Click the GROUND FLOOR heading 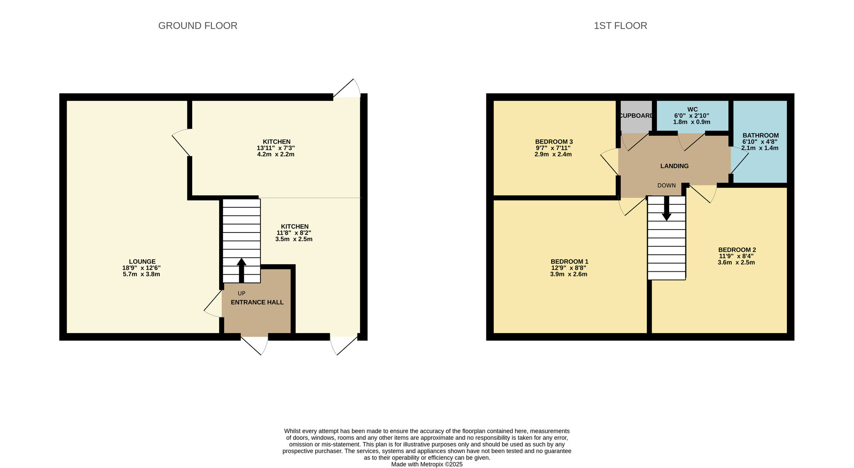[198, 26]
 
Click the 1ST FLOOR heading [620, 26]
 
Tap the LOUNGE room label [142, 262]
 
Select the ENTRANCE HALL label [257, 302]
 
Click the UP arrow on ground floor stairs [242, 269]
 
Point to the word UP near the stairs [242, 293]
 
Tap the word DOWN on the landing [666, 185]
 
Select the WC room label [692, 110]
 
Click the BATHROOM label [760, 135]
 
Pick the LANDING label [674, 166]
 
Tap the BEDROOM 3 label [553, 142]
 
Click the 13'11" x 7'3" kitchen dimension [276, 148]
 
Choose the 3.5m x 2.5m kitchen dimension [294, 239]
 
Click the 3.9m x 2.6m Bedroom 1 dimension [568, 274]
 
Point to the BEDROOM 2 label [737, 250]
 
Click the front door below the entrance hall [255, 343]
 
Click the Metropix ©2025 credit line [427, 464]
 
